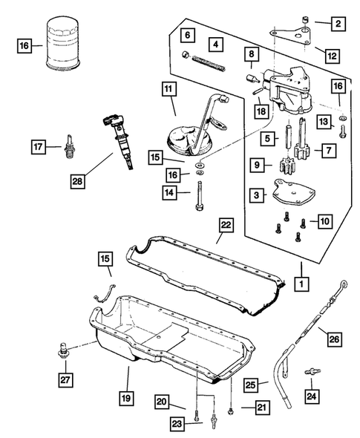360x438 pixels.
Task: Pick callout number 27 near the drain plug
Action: pyautogui.click(x=65, y=379)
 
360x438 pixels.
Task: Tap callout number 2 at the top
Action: pyautogui.click(x=338, y=24)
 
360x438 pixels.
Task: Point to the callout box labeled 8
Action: pyautogui.click(x=253, y=54)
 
